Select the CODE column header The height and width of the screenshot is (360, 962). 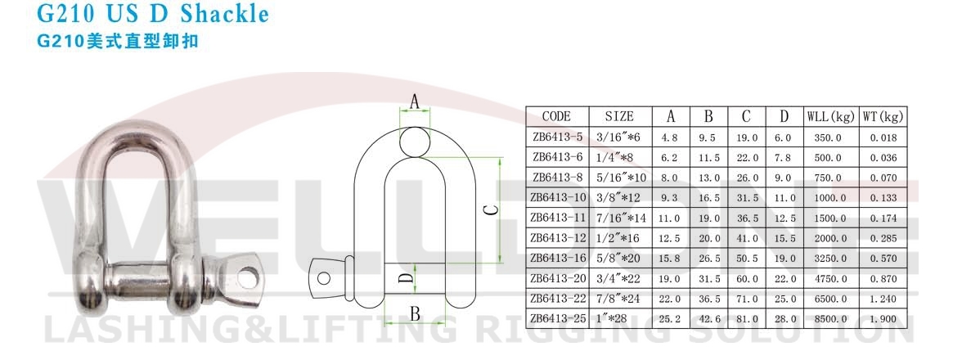(x=556, y=117)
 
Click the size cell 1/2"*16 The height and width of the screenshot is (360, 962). (x=627, y=238)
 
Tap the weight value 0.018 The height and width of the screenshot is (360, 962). (x=883, y=138)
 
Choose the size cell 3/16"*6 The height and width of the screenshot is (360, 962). (x=627, y=138)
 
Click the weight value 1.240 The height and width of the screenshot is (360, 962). (x=883, y=299)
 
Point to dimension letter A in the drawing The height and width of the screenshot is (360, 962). (x=414, y=102)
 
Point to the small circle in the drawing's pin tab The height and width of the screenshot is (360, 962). (x=325, y=277)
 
